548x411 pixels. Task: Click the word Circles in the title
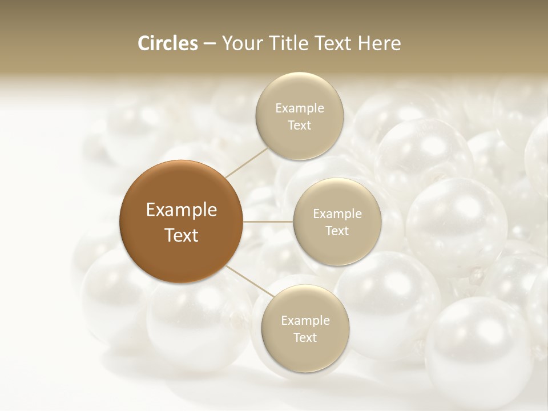pos(167,43)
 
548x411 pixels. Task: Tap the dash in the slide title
pos(209,44)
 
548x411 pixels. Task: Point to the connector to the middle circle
pos(268,221)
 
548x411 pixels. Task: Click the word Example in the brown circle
pos(182,210)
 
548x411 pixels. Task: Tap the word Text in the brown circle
pos(182,235)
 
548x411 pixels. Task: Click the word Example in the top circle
pos(299,108)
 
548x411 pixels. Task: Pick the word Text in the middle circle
pos(337,231)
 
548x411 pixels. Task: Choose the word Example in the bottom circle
pos(305,321)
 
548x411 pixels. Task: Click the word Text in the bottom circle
pos(305,338)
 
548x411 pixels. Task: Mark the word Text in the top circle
pos(299,126)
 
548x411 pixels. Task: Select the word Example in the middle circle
pos(337,214)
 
